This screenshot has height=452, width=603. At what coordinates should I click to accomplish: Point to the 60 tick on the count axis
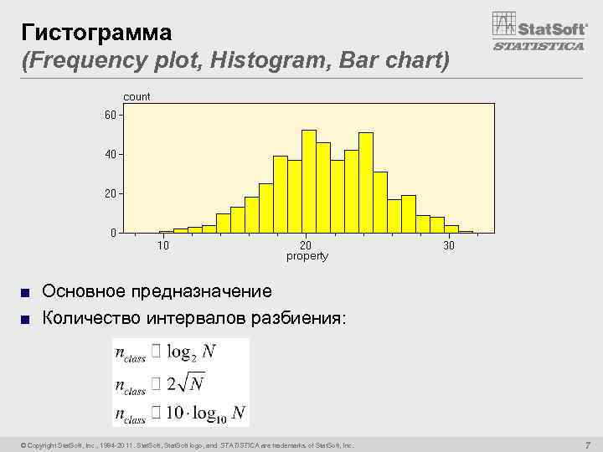(111, 115)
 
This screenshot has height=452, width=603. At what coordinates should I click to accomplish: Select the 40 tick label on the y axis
(111, 154)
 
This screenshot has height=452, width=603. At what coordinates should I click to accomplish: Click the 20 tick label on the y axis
(111, 193)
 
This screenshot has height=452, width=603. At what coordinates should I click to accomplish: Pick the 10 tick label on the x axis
(164, 245)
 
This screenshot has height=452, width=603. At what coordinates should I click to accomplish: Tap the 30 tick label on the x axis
(449, 245)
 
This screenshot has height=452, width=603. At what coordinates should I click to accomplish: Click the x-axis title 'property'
(307, 256)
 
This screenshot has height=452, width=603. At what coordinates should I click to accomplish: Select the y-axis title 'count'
(137, 97)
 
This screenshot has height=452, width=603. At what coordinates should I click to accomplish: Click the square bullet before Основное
(26, 292)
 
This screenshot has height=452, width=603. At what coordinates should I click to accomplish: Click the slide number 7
(588, 444)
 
